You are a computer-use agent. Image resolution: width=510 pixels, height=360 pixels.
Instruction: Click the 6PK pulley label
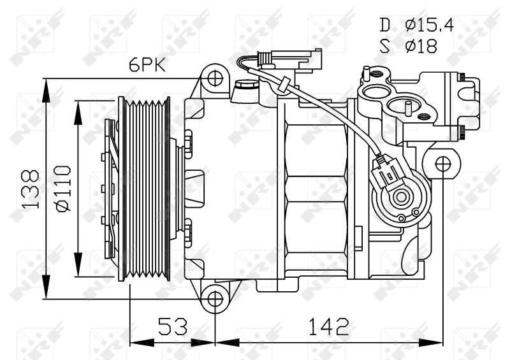149,65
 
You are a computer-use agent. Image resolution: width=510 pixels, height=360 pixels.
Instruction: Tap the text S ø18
409,46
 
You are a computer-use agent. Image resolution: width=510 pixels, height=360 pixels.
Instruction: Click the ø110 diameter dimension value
62,189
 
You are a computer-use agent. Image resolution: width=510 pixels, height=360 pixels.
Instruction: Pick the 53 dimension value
173,327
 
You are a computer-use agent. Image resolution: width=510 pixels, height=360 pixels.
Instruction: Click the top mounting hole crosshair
215,80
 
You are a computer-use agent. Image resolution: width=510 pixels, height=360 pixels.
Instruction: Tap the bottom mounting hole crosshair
215,298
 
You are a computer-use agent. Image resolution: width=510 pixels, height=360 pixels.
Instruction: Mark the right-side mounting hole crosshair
442,164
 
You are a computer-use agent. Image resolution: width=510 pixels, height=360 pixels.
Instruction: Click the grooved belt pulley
147,189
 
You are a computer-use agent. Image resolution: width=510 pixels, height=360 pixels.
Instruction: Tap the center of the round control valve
401,196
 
